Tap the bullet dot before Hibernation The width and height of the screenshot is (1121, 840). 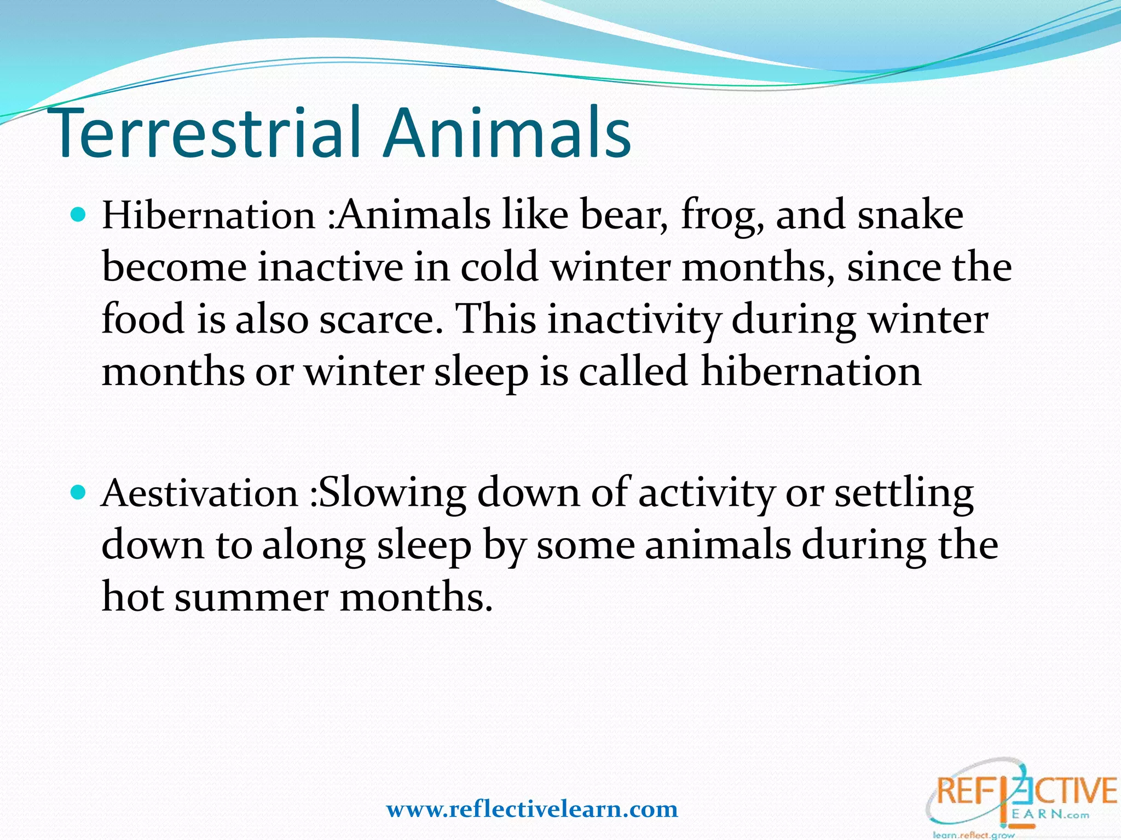coord(79,214)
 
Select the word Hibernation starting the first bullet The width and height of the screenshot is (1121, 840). coord(208,215)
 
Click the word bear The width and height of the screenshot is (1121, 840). coord(623,215)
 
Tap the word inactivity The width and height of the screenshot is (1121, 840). coord(634,319)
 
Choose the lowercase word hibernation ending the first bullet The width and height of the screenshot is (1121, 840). coord(811,371)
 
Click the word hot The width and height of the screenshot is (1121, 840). coord(133,596)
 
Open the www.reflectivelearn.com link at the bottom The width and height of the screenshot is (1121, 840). coord(532,809)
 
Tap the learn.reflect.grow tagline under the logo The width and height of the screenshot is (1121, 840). coord(974,835)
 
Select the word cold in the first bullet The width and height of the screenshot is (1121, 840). coord(499,267)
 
